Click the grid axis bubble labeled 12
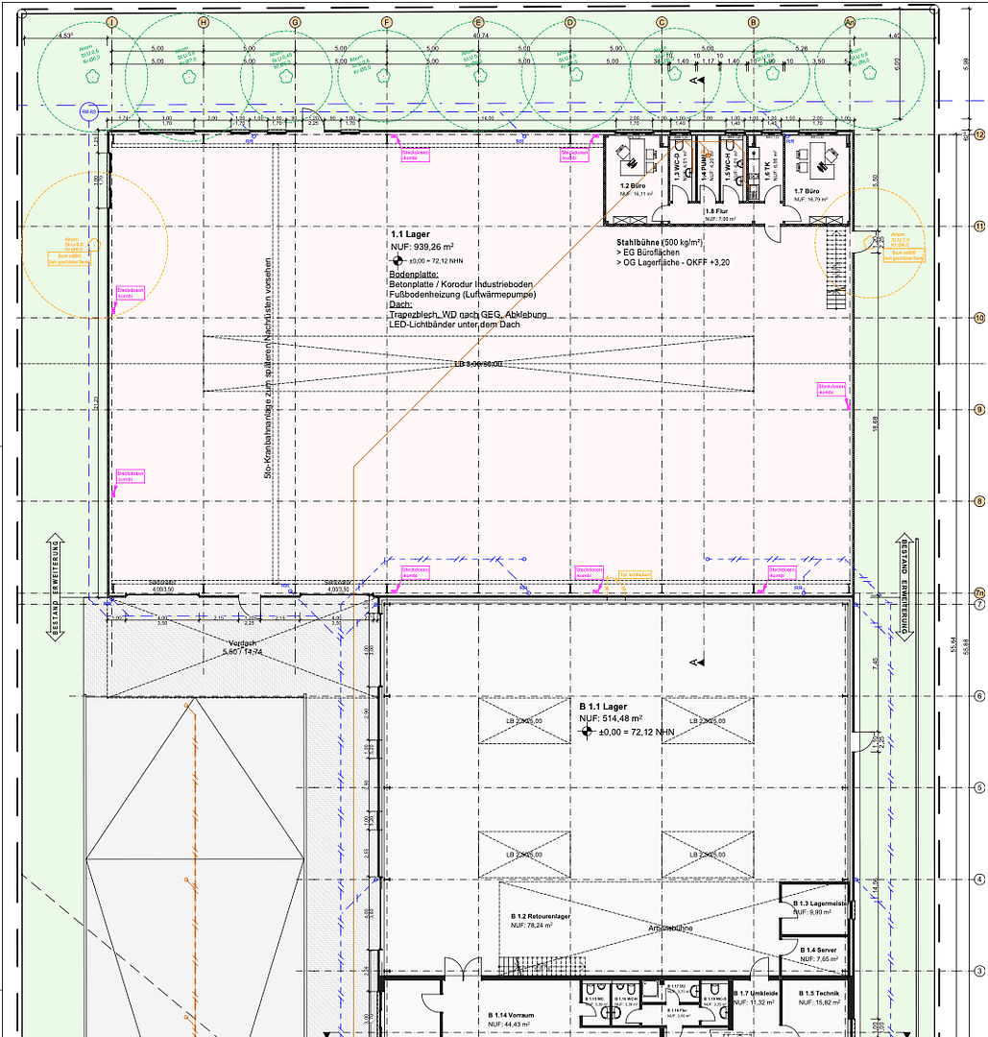click(x=979, y=134)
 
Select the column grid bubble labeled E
click(x=477, y=22)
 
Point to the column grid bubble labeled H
click(x=203, y=22)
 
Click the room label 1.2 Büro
click(x=630, y=185)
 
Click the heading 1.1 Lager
click(x=410, y=234)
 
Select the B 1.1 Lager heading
click(x=603, y=707)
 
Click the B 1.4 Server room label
click(x=818, y=950)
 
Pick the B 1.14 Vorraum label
click(x=510, y=1015)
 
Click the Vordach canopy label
click(x=243, y=643)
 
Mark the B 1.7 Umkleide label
click(x=757, y=994)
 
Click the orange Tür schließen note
click(x=635, y=574)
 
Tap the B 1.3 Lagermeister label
click(x=819, y=904)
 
